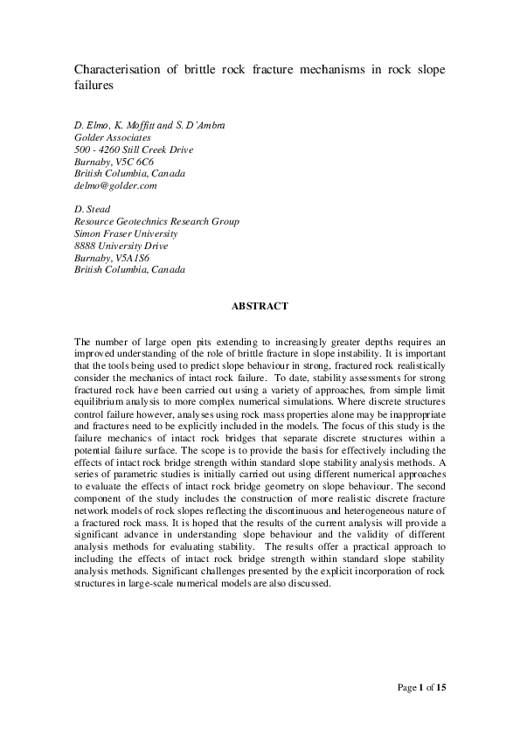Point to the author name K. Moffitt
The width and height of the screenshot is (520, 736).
tap(142, 126)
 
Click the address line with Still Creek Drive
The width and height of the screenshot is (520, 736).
tap(134, 149)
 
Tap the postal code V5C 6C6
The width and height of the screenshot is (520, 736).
tap(138, 162)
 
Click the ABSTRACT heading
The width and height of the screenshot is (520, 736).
tap(260, 307)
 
